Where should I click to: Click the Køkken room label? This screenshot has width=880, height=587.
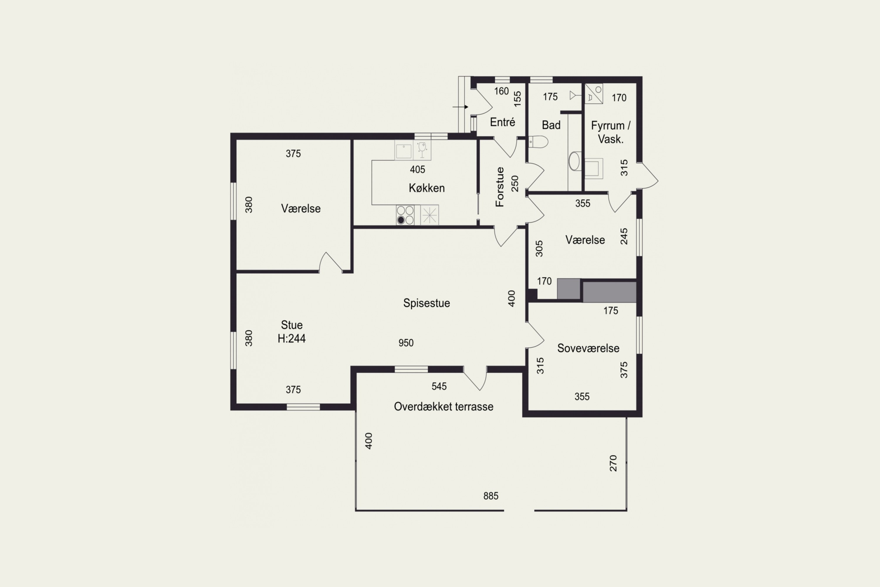pyautogui.click(x=427, y=188)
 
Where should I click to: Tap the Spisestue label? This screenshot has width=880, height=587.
pyautogui.click(x=427, y=303)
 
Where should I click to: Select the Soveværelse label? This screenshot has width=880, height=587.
pyautogui.click(x=588, y=348)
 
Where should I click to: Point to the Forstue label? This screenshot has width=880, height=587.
pyautogui.click(x=500, y=187)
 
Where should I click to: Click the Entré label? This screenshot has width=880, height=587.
pyautogui.click(x=502, y=122)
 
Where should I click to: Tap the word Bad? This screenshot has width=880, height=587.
pyautogui.click(x=551, y=125)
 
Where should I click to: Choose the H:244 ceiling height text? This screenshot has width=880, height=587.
pyautogui.click(x=292, y=338)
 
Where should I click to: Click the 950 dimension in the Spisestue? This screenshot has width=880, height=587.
pyautogui.click(x=406, y=343)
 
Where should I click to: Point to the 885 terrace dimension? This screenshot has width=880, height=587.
pyautogui.click(x=491, y=496)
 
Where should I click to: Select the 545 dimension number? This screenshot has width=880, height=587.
pyautogui.click(x=439, y=386)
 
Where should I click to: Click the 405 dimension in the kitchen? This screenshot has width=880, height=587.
pyautogui.click(x=417, y=170)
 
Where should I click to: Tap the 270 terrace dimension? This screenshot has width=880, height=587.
pyautogui.click(x=613, y=463)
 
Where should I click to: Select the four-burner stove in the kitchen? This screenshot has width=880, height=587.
pyautogui.click(x=405, y=215)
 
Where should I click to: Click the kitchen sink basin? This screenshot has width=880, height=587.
pyautogui.click(x=404, y=151)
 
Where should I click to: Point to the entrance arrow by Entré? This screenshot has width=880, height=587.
pyautogui.click(x=460, y=107)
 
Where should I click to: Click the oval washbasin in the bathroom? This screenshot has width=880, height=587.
pyautogui.click(x=574, y=161)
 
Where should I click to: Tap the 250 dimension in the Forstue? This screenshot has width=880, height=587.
pyautogui.click(x=515, y=183)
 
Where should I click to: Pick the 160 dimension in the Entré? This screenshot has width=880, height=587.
pyautogui.click(x=501, y=91)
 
